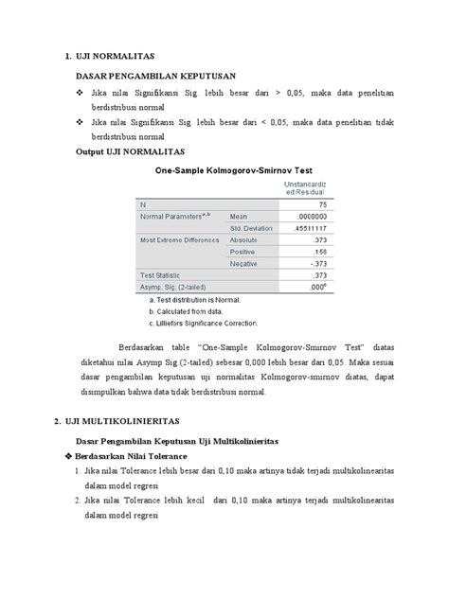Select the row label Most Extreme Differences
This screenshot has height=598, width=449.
pos(180,239)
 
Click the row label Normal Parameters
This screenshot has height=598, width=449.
pos(174,216)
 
